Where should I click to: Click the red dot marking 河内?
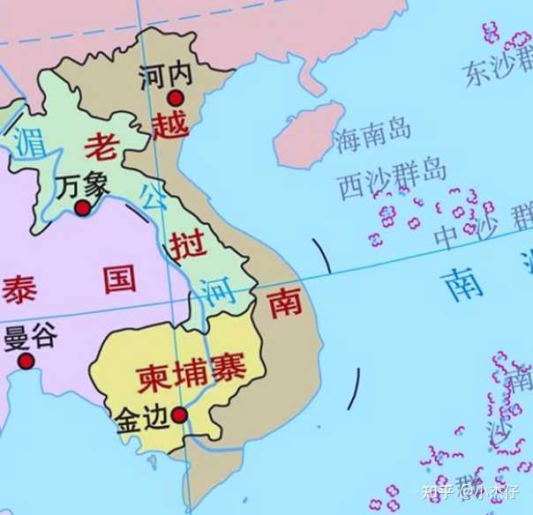176,98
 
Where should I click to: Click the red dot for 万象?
83,208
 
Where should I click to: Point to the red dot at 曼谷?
26,361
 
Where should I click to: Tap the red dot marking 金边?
179,414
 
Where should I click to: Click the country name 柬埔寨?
190,372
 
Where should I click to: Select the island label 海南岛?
372,134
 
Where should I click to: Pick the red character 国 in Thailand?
119,280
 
